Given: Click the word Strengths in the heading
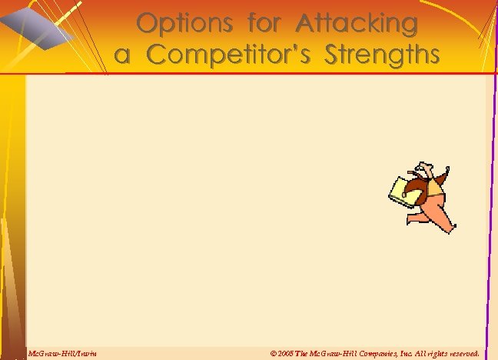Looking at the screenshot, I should (382, 55).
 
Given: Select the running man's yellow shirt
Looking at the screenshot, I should (435, 185).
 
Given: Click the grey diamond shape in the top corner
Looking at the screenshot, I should (35, 23).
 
